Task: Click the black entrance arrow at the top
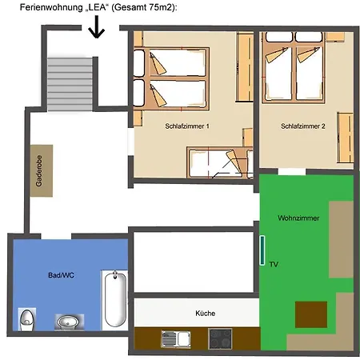[x=97, y=26]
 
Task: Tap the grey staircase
[x=70, y=84]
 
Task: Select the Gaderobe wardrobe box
[x=42, y=170]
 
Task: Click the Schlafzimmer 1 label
[x=187, y=126]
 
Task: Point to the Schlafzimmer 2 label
[x=303, y=126]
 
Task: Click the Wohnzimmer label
[x=298, y=218]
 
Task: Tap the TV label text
[x=274, y=264]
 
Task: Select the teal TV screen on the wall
[x=262, y=250]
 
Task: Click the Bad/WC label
[x=61, y=275]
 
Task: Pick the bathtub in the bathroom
[x=115, y=298]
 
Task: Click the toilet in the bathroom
[x=26, y=319]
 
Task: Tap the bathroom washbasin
[x=70, y=322]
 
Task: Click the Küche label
[x=206, y=314]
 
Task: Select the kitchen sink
[x=176, y=339]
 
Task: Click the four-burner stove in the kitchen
[x=220, y=339]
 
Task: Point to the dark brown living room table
[x=311, y=314]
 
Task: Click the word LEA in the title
[x=94, y=7]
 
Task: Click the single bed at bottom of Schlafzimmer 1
[x=220, y=162]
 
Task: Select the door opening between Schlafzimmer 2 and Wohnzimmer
[x=292, y=171]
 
